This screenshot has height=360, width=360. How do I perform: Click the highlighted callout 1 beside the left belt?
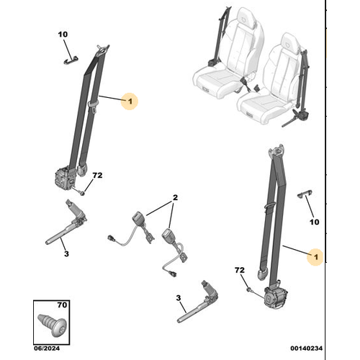pos(130,103)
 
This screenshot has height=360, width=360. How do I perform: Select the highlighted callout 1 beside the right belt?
pos(314,256)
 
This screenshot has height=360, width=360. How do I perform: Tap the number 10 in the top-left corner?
pos(62,35)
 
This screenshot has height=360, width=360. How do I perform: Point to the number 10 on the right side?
pos(312,223)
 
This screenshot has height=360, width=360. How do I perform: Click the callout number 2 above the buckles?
pos(174,198)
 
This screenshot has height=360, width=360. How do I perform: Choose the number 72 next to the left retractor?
pos(98,176)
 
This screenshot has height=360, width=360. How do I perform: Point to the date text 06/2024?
pos(48,348)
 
